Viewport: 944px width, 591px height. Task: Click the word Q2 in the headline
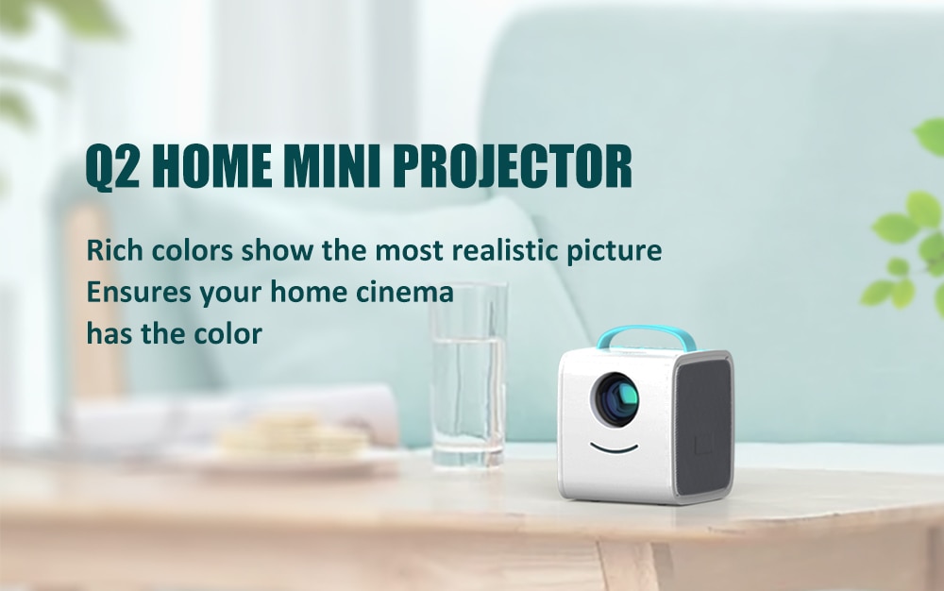pyautogui.click(x=112, y=166)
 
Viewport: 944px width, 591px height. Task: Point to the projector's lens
pyautogui.click(x=615, y=399)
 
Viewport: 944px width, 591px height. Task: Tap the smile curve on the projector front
pyautogui.click(x=614, y=447)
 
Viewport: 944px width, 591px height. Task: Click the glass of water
pyautogui.click(x=469, y=375)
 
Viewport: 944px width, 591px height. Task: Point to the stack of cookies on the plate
pyautogui.click(x=294, y=435)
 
